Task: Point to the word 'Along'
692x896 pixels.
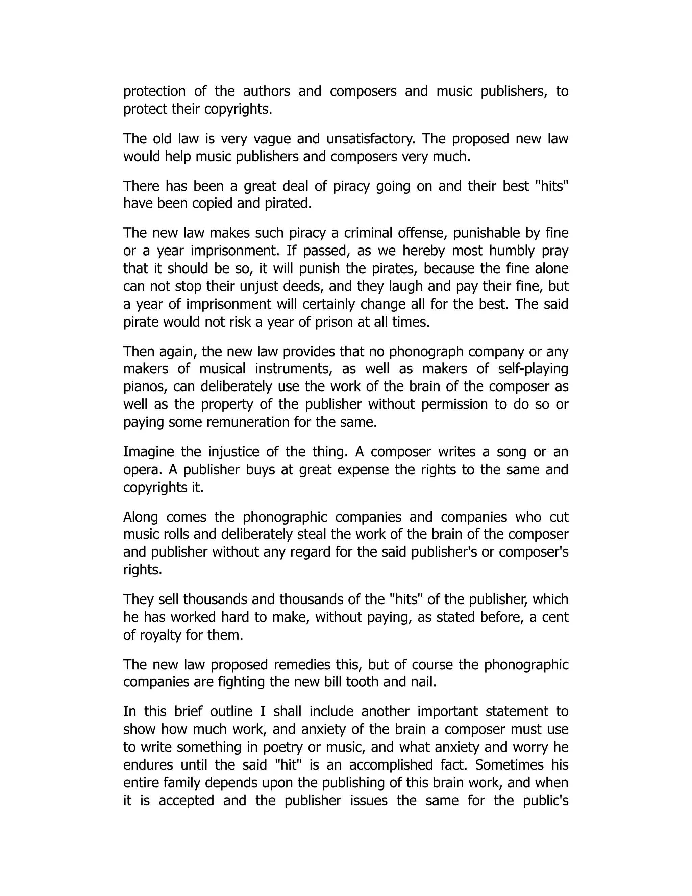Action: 141,517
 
